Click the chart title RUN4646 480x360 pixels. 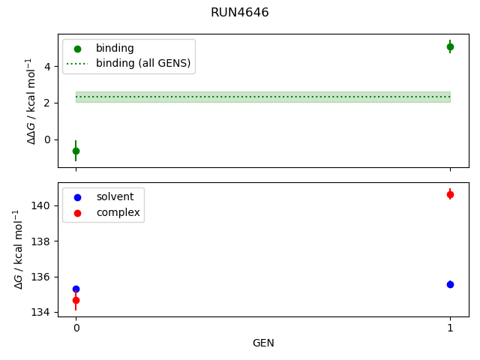239,13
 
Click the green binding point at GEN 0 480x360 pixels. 76,151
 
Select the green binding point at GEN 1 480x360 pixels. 450,46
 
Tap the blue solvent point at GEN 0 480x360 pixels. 76,289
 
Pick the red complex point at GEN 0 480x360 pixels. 76,300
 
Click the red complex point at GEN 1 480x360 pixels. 450,194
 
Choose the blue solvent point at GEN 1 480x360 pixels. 450,284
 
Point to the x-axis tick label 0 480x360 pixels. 76,328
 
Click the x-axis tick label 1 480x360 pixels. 450,328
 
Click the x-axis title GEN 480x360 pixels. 262,343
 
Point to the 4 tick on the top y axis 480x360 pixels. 46,66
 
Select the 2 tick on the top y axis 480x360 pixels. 46,103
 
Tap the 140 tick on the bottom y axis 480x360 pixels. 41,205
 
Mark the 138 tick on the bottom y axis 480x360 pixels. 41,241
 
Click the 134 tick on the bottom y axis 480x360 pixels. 41,312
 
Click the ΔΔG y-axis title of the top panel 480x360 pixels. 30,101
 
